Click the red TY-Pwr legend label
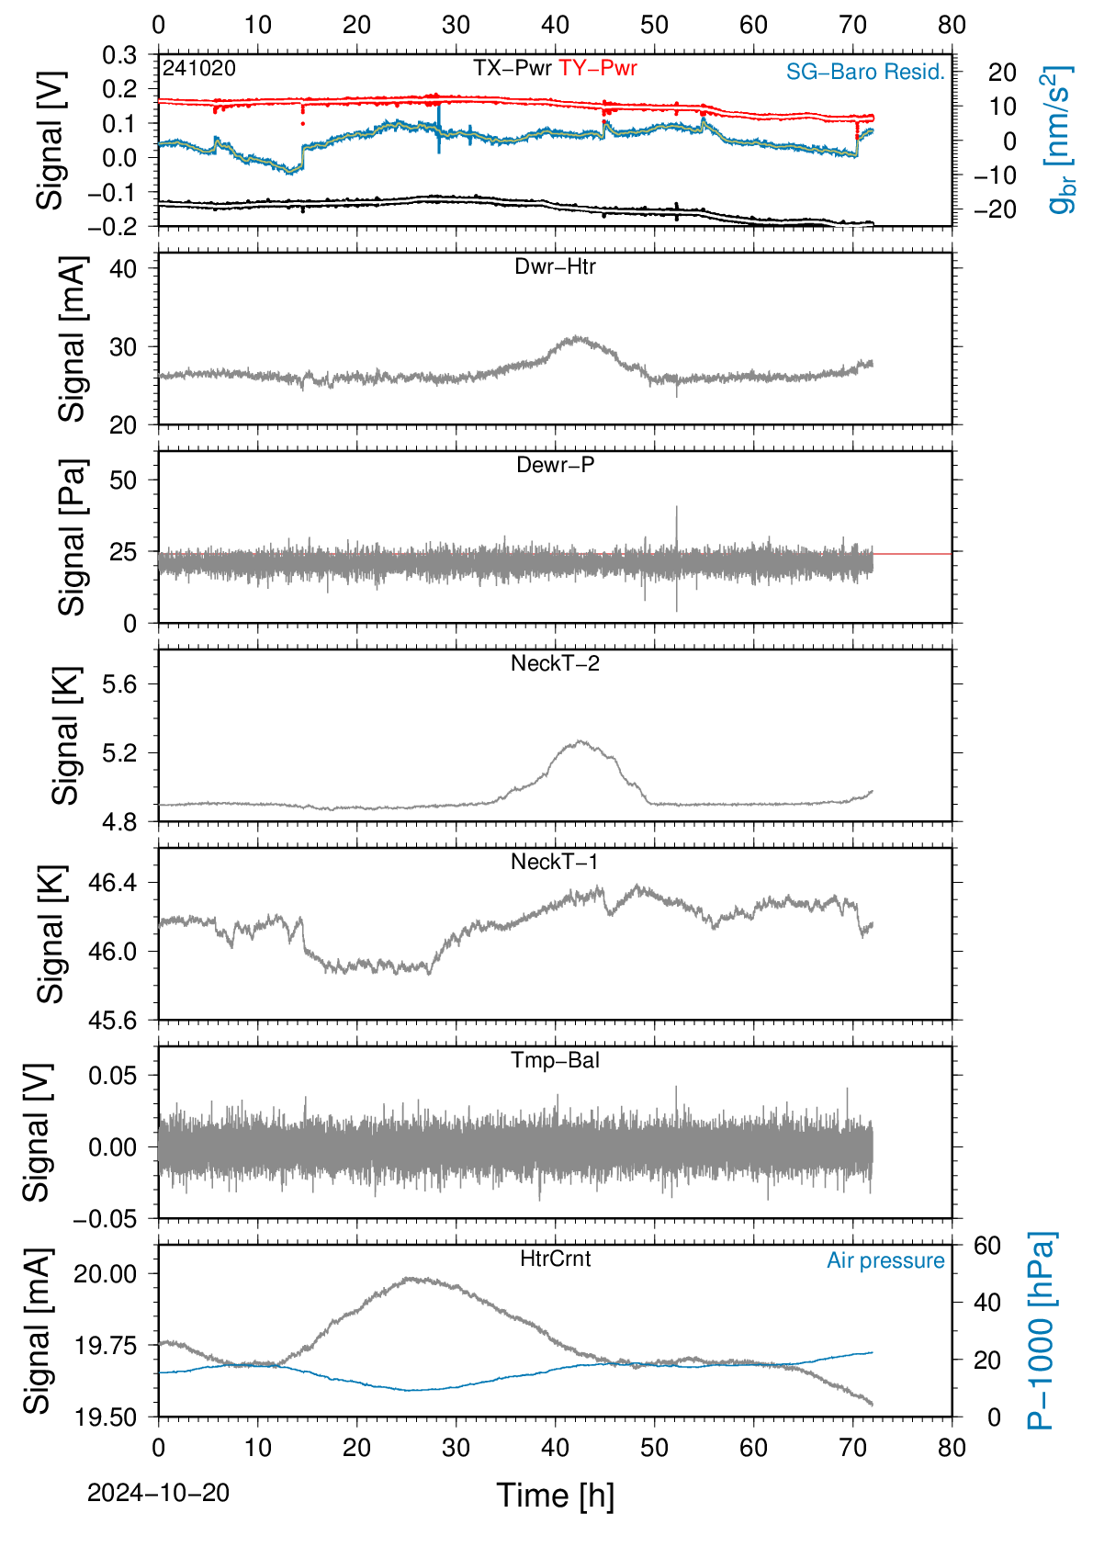[x=597, y=68]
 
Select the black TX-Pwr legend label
[x=512, y=68]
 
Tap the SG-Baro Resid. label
[x=865, y=72]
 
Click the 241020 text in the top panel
[x=199, y=68]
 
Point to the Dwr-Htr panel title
[x=555, y=266]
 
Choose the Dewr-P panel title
[x=555, y=465]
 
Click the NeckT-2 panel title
[x=555, y=663]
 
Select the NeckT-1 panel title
[x=555, y=861]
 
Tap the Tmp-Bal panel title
[x=555, y=1059]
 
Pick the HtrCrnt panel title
[x=555, y=1259]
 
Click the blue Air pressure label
[x=885, y=1260]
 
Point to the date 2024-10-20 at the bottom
[x=158, y=1493]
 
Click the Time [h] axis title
[x=555, y=1496]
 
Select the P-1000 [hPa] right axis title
[x=1042, y=1330]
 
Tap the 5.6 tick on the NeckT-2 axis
[x=119, y=684]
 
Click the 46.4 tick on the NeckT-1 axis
[x=113, y=883]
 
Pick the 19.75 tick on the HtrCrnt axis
[x=105, y=1345]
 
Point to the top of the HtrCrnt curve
[x=411, y=1278]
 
